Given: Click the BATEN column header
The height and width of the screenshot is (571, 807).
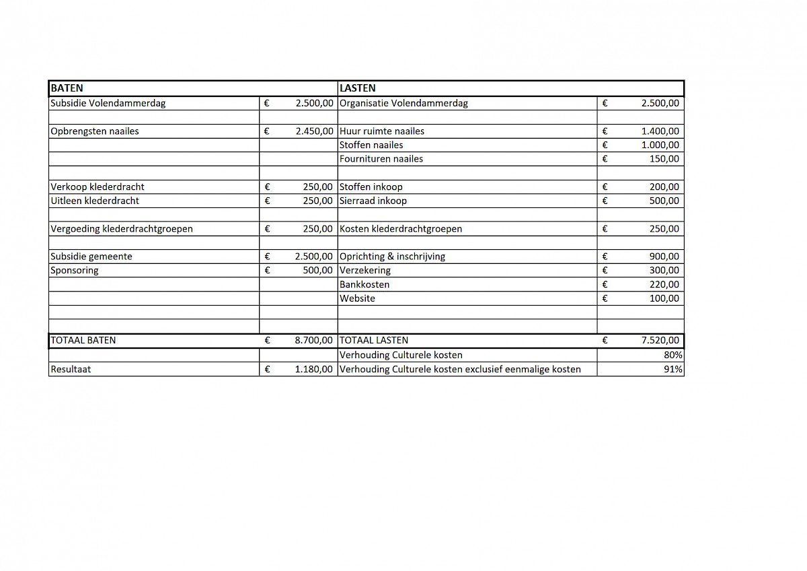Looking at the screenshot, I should (67, 88).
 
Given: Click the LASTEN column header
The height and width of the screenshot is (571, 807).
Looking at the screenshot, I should (358, 88).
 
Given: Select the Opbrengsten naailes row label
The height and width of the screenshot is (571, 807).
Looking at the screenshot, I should (95, 131).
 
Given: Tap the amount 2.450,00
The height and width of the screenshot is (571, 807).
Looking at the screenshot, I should (314, 131).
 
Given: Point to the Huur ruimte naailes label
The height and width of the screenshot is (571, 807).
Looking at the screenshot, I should (382, 131).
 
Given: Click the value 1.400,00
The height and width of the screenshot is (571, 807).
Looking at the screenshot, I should (660, 131).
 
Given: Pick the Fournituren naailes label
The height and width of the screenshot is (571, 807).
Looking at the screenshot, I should (381, 159).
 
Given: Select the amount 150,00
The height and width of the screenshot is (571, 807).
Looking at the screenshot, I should (664, 159).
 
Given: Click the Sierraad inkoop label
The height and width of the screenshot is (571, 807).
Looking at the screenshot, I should (373, 201).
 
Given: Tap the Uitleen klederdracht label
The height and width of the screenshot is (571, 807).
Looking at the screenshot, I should (95, 201).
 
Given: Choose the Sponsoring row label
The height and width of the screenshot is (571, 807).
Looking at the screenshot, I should (75, 270).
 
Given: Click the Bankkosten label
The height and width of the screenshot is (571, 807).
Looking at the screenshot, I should (364, 284).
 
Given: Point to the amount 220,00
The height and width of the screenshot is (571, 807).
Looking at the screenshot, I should (664, 284).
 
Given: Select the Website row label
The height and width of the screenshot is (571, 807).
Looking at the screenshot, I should (358, 298).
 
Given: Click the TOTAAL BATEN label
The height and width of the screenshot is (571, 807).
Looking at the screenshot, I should (83, 340).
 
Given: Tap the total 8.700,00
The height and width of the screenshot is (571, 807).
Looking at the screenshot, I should (314, 340).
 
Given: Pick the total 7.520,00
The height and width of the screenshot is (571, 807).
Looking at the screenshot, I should (660, 340).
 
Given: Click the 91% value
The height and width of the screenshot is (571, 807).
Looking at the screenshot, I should (673, 369).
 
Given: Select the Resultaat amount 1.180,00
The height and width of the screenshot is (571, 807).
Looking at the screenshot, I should (314, 369).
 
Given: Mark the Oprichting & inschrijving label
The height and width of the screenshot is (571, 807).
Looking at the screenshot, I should (393, 257).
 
